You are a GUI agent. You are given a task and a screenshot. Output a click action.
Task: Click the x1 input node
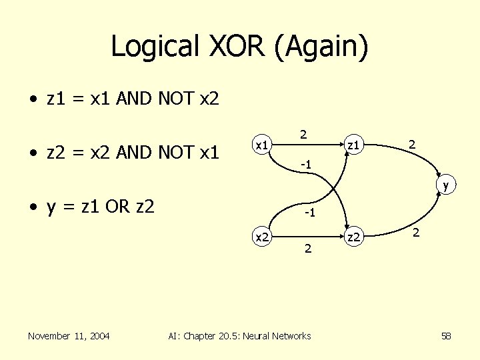pos(263,144)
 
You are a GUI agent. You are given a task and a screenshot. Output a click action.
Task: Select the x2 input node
pos(263,236)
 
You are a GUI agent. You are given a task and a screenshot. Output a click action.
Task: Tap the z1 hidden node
pos(353,144)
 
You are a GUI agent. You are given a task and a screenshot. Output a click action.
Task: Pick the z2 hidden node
pos(353,236)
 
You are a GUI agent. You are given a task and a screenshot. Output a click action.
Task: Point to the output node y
pos(444,186)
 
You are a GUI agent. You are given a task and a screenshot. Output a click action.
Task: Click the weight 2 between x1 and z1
pos(303,134)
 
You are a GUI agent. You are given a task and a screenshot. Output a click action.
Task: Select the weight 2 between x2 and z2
pos(307,249)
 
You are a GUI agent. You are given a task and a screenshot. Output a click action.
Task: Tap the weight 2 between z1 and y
pos(413,143)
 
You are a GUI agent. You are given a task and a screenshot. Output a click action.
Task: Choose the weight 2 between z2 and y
pos(416,233)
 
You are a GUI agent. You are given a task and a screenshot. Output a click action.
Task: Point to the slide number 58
pos(446,336)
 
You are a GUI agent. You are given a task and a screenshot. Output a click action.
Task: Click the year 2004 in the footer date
pos(99,335)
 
